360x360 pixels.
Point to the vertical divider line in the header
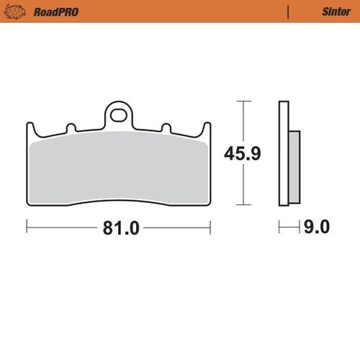click(x=288, y=12)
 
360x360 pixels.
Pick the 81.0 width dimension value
click(x=118, y=228)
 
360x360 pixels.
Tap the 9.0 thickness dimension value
click(x=316, y=228)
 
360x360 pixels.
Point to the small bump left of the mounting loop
click(x=71, y=128)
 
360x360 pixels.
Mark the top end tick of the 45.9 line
click(x=245, y=102)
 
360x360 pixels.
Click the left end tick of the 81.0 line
click(x=27, y=228)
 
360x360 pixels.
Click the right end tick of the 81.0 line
click(x=210, y=228)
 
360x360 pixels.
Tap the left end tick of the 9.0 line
click(x=279, y=228)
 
